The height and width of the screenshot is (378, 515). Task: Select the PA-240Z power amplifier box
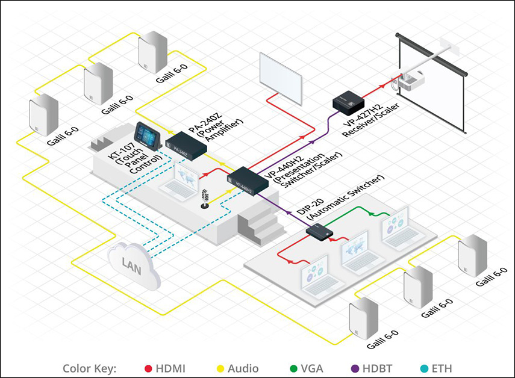[x=186, y=146]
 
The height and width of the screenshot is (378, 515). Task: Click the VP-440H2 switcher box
[x=248, y=181]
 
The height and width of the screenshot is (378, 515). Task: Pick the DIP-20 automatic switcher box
[x=320, y=232]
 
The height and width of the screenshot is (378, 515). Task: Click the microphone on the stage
[x=205, y=199]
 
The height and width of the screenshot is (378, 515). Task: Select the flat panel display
[x=281, y=78]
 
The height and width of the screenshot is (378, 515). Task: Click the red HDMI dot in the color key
[x=148, y=368]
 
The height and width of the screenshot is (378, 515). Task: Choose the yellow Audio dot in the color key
[x=220, y=368]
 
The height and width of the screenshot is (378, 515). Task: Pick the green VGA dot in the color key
[x=293, y=368]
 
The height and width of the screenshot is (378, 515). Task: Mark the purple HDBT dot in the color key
[x=355, y=368]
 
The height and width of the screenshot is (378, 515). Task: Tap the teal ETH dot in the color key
[x=424, y=368]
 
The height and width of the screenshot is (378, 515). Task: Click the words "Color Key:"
[x=89, y=369]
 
